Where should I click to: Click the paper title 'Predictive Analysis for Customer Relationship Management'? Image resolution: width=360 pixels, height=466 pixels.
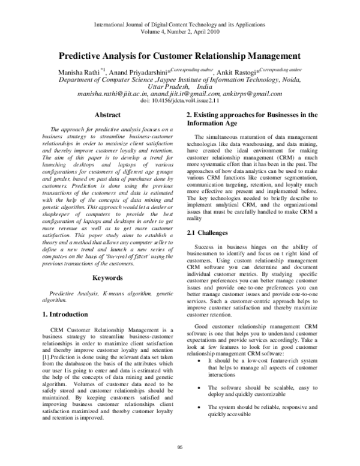click(179, 56)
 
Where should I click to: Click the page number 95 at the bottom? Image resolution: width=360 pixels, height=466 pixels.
click(179, 447)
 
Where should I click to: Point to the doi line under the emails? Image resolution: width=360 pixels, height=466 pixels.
click(179, 101)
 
